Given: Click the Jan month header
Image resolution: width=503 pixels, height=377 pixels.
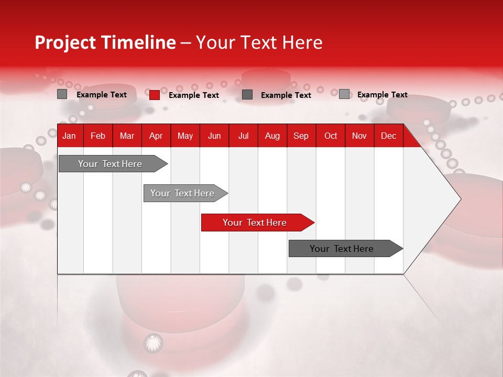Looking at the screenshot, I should tap(69, 136).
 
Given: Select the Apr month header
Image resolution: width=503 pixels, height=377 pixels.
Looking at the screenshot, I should tap(156, 136).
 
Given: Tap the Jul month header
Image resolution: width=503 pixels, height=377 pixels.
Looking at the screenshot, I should tap(243, 136).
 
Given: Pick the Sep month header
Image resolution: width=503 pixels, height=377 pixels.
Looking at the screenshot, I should tap(301, 136).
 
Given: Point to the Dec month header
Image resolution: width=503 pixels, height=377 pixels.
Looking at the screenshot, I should tap(388, 136).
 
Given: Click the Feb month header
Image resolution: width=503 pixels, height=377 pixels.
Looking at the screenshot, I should tap(98, 136).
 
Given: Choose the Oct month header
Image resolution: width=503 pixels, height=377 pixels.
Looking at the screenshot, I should tap(331, 136).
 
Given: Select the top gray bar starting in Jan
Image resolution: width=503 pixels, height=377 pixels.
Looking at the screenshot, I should tap(110, 164).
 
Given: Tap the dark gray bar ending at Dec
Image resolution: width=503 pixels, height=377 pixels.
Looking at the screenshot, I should tap(342, 249).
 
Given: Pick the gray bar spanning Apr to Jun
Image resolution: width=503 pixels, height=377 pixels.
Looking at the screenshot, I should tap(182, 193).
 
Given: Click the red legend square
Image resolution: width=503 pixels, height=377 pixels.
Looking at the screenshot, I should tap(155, 95).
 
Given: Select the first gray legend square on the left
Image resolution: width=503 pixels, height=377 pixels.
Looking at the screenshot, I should tap(62, 94).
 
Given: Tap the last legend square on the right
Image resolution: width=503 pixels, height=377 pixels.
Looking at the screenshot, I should tap(344, 94).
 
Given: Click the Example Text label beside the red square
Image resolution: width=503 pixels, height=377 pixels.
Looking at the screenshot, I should tap(194, 95).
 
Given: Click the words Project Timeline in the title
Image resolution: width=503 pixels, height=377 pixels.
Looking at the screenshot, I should tap(105, 42).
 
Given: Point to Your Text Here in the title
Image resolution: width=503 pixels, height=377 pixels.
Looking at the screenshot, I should tap(259, 42).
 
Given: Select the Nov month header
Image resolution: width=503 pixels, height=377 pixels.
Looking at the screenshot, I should tap(359, 136).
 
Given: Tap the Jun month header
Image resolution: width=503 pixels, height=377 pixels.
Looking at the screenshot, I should tap(214, 136).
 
